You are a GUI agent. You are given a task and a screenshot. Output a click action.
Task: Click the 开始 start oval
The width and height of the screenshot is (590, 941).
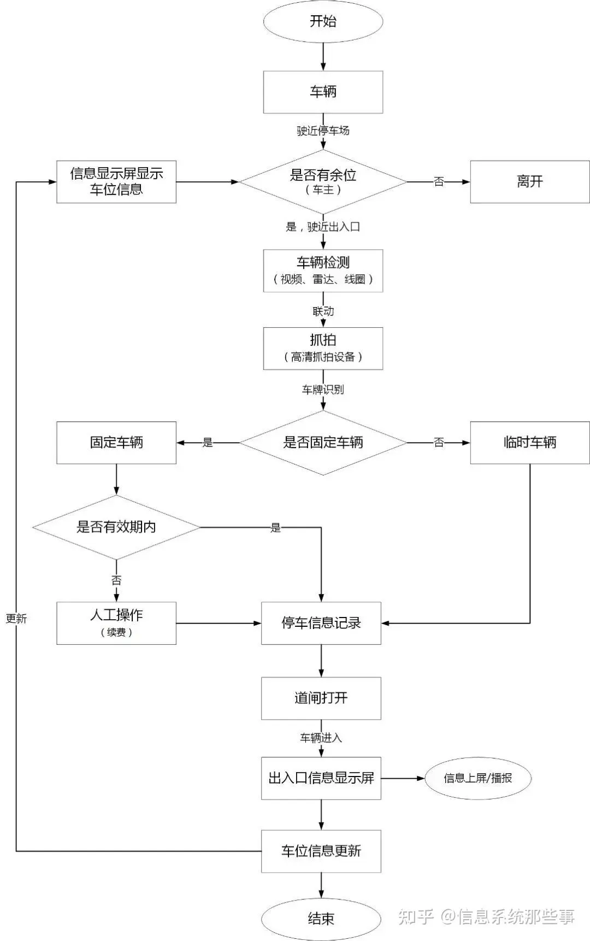pyautogui.click(x=323, y=21)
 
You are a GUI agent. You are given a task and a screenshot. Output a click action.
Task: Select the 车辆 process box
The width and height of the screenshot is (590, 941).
pyautogui.click(x=323, y=92)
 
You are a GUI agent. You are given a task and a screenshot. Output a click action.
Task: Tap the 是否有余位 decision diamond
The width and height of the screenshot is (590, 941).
pyautogui.click(x=323, y=182)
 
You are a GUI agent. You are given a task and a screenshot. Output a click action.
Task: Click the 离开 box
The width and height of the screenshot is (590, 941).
pyautogui.click(x=530, y=182)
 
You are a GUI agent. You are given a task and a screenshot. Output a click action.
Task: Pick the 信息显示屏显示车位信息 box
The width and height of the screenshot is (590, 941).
pyautogui.click(x=116, y=182)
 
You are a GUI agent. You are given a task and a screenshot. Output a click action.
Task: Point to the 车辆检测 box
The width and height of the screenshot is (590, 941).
pyautogui.click(x=323, y=271)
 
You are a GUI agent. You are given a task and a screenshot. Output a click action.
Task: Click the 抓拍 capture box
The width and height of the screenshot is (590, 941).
pyautogui.click(x=323, y=349)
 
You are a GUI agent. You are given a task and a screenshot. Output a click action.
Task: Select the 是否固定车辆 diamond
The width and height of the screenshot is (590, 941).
pyautogui.click(x=323, y=443)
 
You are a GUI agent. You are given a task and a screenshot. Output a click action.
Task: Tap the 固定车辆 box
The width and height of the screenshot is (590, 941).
pyautogui.click(x=116, y=443)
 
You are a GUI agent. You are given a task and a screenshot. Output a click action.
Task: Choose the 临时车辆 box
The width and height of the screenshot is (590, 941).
pyautogui.click(x=530, y=443)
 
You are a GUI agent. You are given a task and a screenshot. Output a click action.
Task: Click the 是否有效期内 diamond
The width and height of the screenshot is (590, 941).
pyautogui.click(x=116, y=527)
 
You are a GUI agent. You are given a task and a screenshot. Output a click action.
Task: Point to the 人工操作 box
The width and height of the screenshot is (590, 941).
pyautogui.click(x=116, y=624)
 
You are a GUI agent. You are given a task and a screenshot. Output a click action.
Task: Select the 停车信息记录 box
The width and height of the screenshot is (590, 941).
pyautogui.click(x=321, y=624)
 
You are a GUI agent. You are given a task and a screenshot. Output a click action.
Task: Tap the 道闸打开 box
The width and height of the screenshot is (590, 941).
pyautogui.click(x=321, y=698)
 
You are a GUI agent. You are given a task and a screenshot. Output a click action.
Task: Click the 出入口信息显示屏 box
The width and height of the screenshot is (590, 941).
pyautogui.click(x=321, y=779)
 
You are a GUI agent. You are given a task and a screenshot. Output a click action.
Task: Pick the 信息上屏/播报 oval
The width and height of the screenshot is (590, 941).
pyautogui.click(x=478, y=778)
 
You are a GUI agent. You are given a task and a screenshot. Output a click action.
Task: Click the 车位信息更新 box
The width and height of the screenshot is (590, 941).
pyautogui.click(x=321, y=851)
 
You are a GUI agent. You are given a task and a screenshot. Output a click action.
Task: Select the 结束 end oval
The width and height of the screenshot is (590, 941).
pyautogui.click(x=321, y=919)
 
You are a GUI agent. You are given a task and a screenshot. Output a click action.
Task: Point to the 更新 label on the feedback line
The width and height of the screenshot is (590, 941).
pyautogui.click(x=16, y=619)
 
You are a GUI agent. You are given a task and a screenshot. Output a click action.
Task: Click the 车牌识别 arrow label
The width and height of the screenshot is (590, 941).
pyautogui.click(x=323, y=390)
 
